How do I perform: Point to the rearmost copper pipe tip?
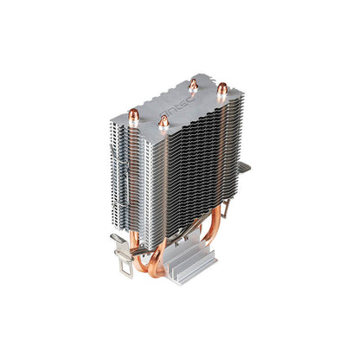pos(191,84)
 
